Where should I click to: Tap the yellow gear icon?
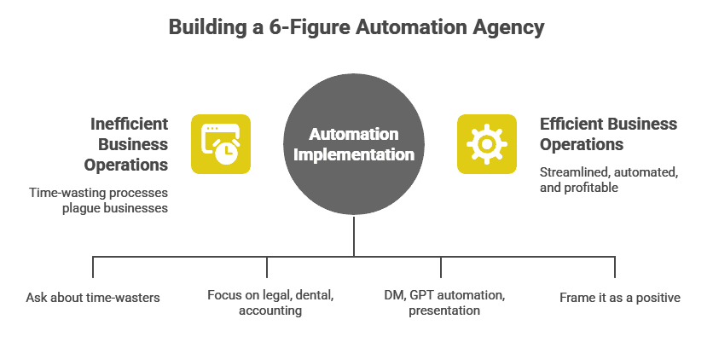pyautogui.click(x=486, y=143)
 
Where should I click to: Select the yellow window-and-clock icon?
pyautogui.click(x=220, y=143)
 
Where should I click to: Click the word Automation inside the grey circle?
pyautogui.click(x=353, y=135)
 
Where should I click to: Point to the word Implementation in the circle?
pyautogui.click(x=353, y=154)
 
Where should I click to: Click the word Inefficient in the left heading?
pyautogui.click(x=129, y=124)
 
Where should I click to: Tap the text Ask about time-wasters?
pyautogui.click(x=93, y=298)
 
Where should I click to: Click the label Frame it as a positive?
pyautogui.click(x=620, y=298)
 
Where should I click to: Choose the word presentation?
pyautogui.click(x=444, y=311)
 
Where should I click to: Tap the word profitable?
pyautogui.click(x=591, y=187)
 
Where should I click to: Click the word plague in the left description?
pyautogui.click(x=81, y=208)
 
